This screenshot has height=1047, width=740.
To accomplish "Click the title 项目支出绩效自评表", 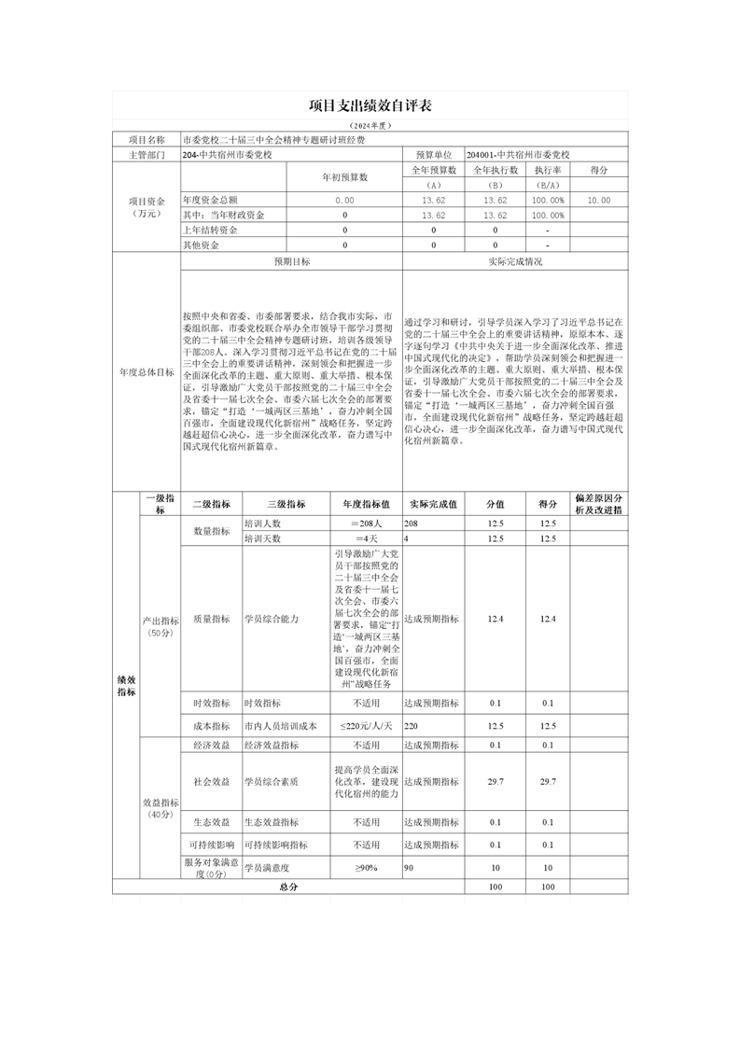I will pyautogui.click(x=369, y=106).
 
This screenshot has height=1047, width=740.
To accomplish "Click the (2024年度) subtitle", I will pyautogui.click(x=369, y=125).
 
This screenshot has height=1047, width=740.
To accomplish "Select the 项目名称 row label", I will pyautogui.click(x=147, y=139).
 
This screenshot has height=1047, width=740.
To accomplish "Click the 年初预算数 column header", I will pyautogui.click(x=345, y=176).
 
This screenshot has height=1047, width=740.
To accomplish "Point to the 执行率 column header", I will pyautogui.click(x=548, y=170).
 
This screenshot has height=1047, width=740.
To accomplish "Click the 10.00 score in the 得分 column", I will pyautogui.click(x=598, y=200).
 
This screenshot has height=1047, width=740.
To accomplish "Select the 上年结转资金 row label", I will pyautogui.click(x=210, y=230).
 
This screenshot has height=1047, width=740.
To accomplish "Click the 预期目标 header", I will pyautogui.click(x=291, y=262).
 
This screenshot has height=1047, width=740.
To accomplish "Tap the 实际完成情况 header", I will pyautogui.click(x=514, y=262).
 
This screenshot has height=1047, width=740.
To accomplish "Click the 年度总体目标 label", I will pyautogui.click(x=147, y=371).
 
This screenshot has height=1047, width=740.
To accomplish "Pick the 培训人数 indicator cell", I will pyautogui.click(x=262, y=524).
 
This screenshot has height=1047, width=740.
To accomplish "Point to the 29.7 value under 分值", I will pyautogui.click(x=496, y=782).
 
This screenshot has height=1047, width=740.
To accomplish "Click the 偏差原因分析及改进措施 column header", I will pyautogui.click(x=598, y=504).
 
